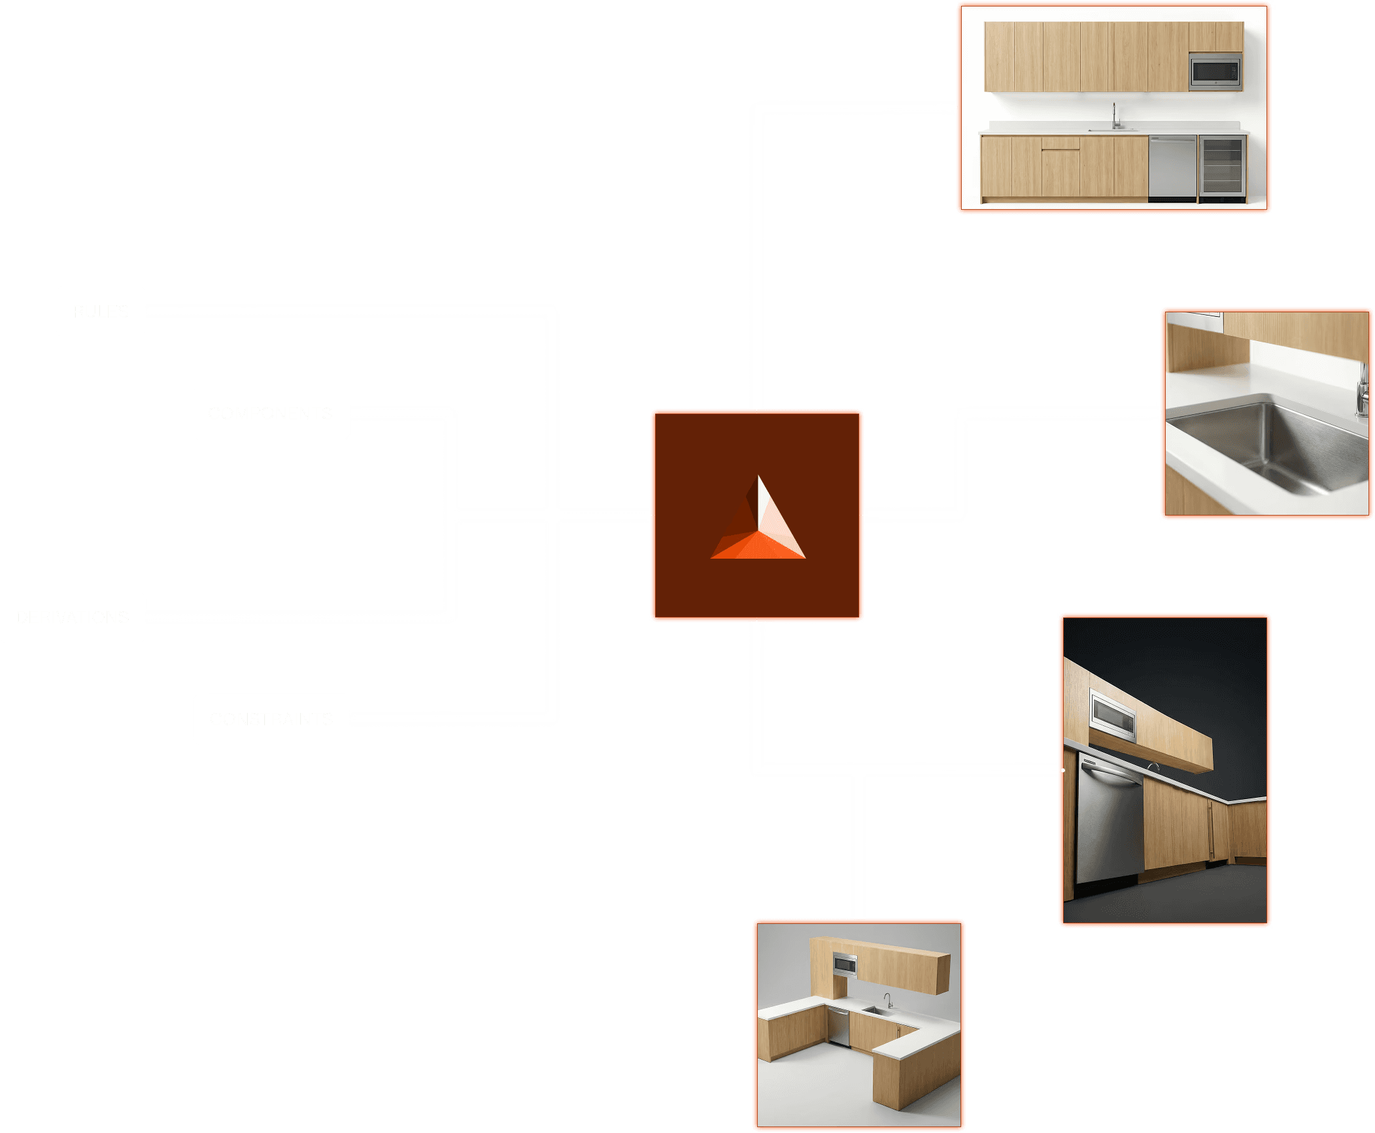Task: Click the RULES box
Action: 101,312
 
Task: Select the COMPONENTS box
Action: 271,414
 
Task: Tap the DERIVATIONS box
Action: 73,617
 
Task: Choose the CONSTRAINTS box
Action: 271,719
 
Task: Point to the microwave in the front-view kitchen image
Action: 1215,72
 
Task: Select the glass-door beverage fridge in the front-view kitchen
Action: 1222,167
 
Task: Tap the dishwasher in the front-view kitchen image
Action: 1172,166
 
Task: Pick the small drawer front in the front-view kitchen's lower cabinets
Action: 1061,143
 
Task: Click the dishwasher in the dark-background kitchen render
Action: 1108,823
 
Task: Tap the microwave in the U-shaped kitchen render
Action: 845,964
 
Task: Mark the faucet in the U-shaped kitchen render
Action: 888,1000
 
